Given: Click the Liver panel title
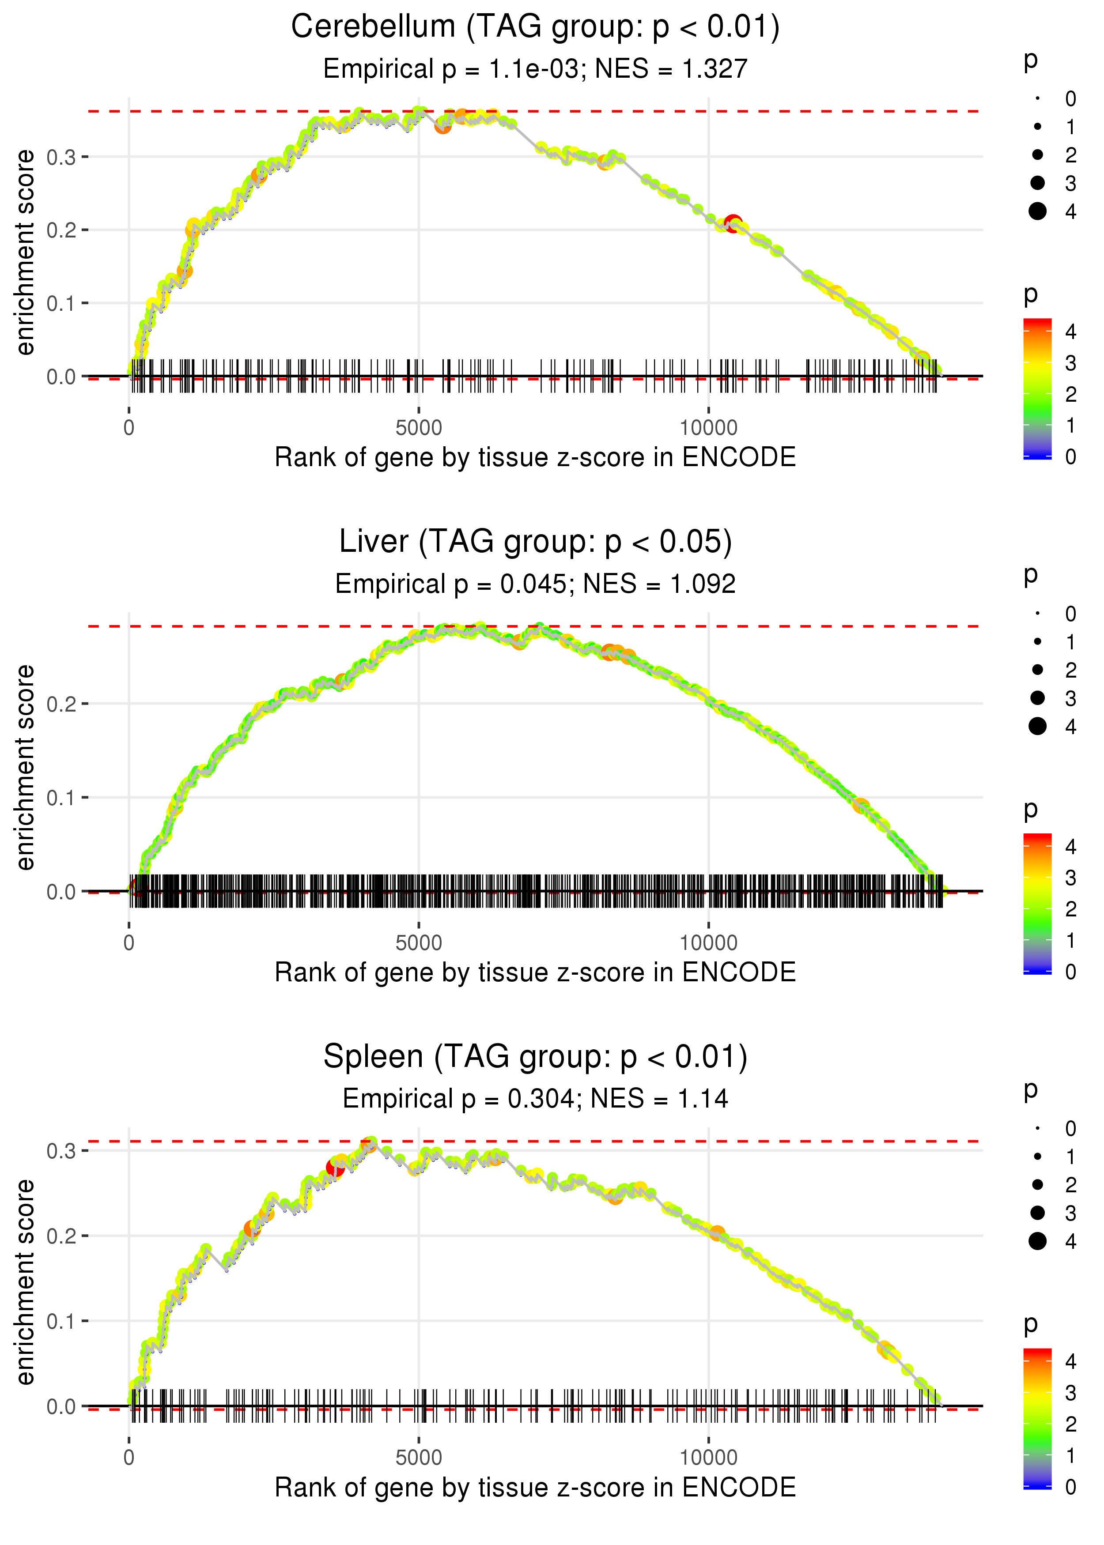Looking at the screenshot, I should (535, 542).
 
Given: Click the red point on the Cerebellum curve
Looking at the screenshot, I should (733, 223).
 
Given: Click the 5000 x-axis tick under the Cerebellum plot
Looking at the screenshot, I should (419, 428).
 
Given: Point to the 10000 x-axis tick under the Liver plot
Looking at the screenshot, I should (708, 943).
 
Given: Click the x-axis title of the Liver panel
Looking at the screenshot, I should (535, 973).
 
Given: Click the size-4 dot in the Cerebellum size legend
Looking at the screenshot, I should (1037, 211).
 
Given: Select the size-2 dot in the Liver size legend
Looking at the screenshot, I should (1037, 670).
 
